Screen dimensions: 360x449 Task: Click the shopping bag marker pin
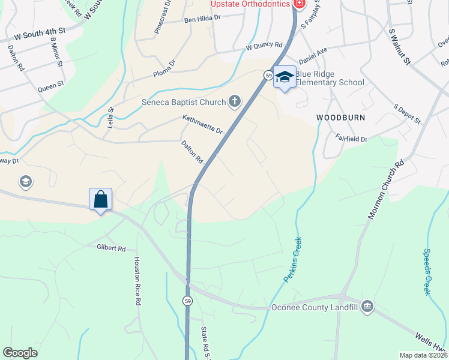click(101, 199)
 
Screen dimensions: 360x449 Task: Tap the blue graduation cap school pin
click(285, 77)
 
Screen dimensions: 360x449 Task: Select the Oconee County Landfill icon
click(367, 307)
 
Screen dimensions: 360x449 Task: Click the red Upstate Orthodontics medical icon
click(299, 4)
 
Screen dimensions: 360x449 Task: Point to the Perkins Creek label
click(294, 260)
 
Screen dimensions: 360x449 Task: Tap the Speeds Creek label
click(427, 271)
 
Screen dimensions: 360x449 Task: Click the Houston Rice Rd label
click(137, 281)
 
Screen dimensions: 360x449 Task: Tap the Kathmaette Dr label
click(203, 125)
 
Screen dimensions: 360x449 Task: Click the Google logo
click(20, 353)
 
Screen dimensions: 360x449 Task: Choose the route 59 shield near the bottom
click(188, 301)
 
